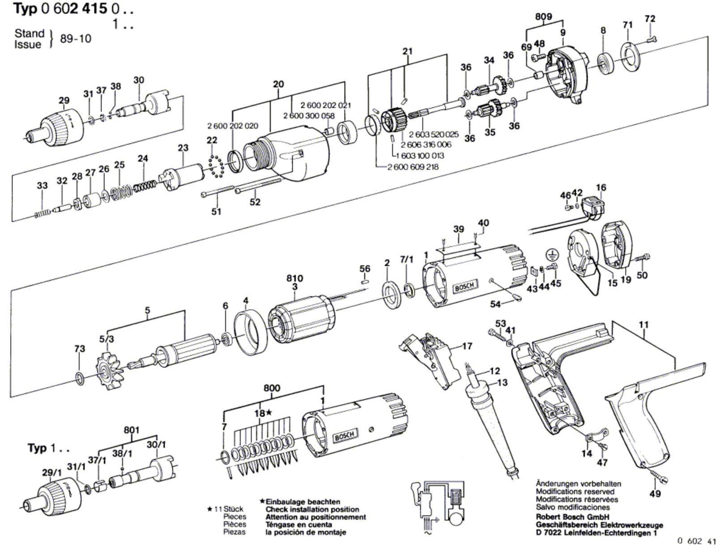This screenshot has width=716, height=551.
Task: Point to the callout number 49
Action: click(655, 494)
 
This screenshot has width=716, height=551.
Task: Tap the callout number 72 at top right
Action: click(650, 19)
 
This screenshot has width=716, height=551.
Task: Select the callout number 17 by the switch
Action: click(467, 346)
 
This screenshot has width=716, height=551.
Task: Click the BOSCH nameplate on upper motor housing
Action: click(466, 287)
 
